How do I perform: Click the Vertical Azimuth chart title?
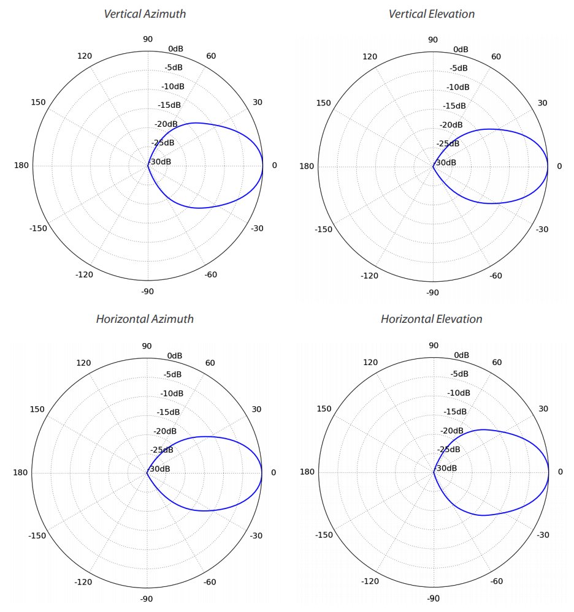pos(145,13)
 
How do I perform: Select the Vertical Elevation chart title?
pos(431,13)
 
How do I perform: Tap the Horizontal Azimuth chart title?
pos(145,319)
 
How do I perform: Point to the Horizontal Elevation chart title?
pos(431,319)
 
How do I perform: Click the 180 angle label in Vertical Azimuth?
pos(21,165)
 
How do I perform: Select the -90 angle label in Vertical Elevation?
pos(432,293)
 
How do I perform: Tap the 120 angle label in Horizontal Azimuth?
pos(83,363)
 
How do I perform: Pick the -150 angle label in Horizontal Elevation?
pos(324,535)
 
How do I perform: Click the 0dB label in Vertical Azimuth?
pos(175,48)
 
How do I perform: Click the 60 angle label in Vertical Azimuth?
pos(211,56)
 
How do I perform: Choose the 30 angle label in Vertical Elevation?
pos(542,102)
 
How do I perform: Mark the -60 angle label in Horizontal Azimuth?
pos(209,581)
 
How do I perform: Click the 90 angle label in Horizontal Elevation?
pos(433,346)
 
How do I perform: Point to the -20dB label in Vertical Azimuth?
pos(166,124)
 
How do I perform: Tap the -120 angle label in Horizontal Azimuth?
pos(84,581)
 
